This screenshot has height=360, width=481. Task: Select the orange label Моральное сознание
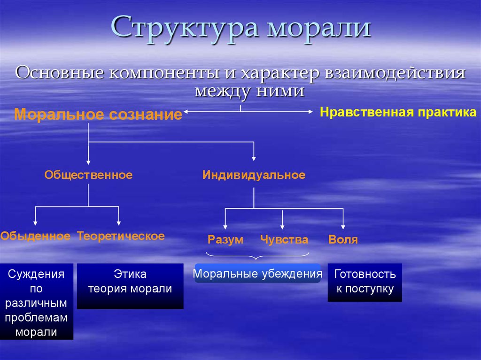tap(98, 115)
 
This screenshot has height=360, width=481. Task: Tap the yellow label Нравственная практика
tap(398, 112)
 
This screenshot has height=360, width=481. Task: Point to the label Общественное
tap(89, 175)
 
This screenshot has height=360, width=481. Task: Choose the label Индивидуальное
tap(254, 175)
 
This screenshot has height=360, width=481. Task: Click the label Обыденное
tap(35, 236)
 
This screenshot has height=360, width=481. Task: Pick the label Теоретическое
tap(121, 236)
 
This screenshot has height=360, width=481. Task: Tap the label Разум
tap(225, 239)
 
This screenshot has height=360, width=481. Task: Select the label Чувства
tap(284, 239)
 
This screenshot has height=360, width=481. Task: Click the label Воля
tap(343, 239)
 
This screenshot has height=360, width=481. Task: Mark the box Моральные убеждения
tap(257, 273)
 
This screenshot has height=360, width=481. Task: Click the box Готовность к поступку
tap(365, 283)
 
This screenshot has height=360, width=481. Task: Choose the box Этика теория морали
tap(130, 286)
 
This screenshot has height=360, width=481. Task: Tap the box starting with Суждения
tap(37, 301)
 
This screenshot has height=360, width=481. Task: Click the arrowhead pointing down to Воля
tap(343, 227)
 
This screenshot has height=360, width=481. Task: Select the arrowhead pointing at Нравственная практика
tap(310, 112)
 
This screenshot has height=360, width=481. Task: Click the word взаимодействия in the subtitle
tap(395, 74)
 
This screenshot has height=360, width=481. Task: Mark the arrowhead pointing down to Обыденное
tap(35, 223)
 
